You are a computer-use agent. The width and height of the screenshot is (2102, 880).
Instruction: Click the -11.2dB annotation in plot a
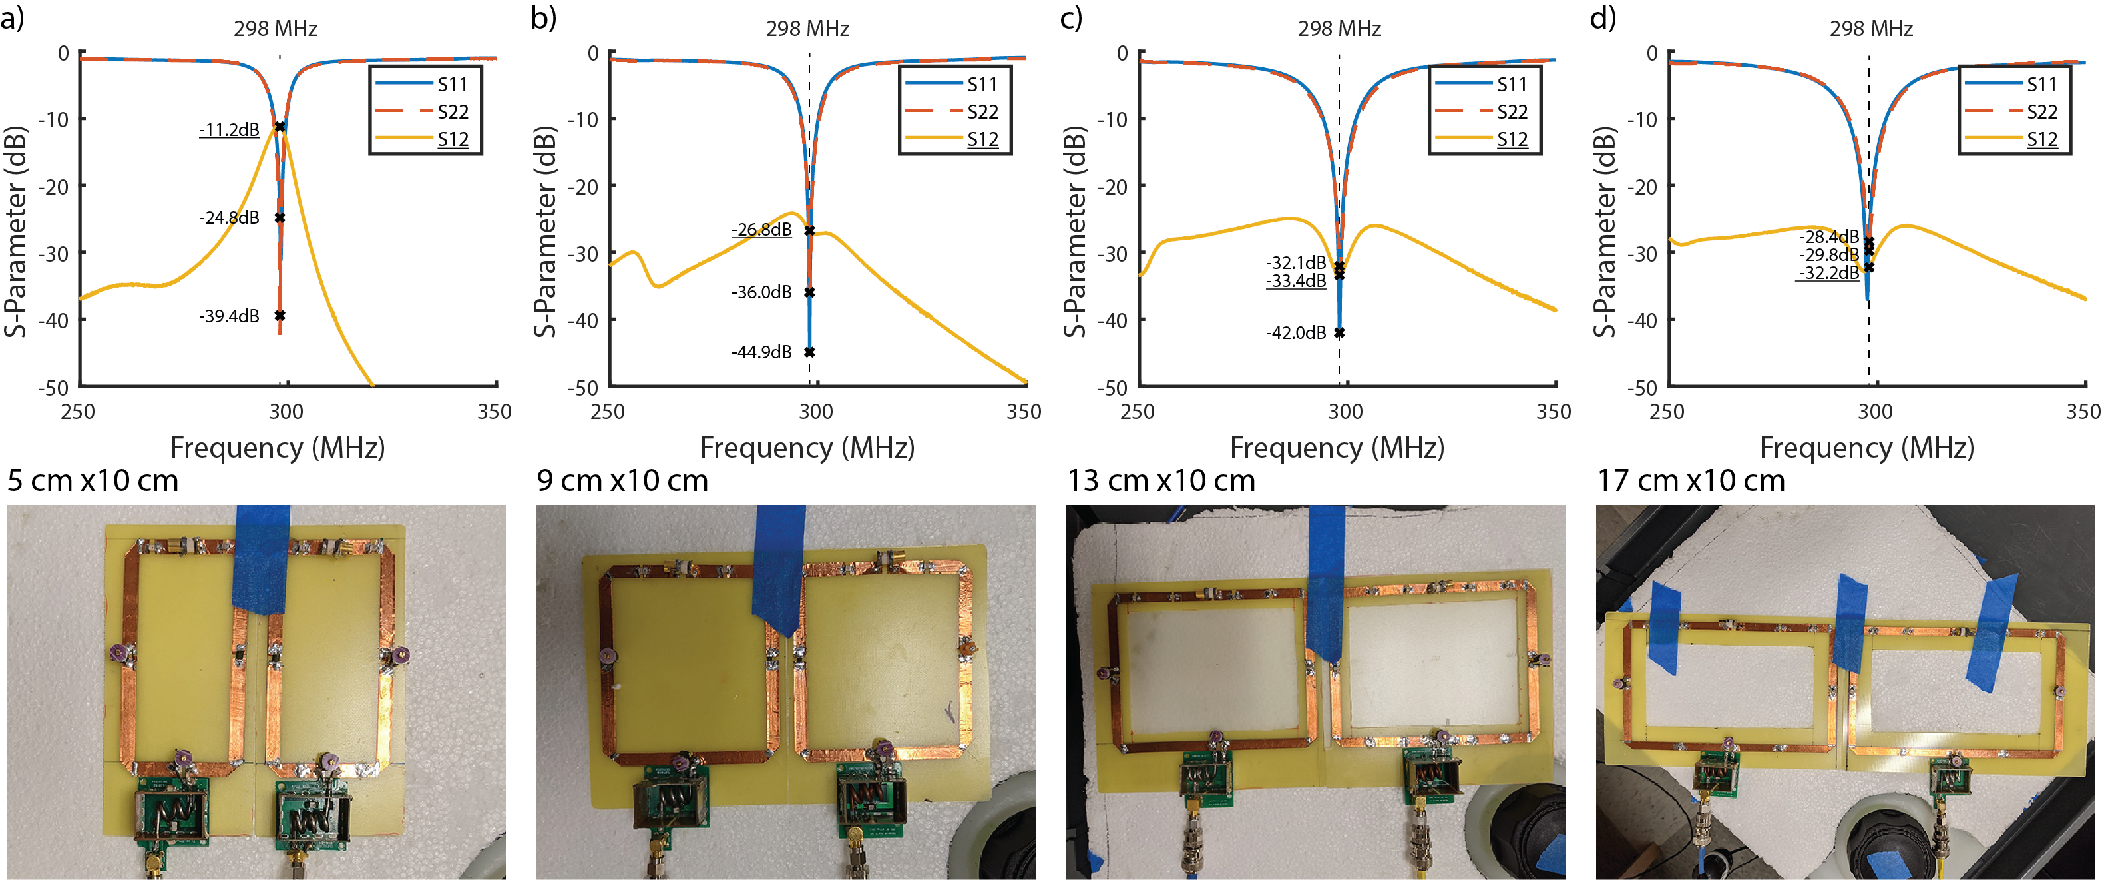[229, 130]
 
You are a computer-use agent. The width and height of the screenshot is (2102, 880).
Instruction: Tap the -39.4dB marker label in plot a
[229, 316]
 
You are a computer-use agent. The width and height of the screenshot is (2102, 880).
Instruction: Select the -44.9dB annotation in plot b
[761, 352]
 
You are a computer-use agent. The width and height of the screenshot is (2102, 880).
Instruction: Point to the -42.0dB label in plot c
[1296, 333]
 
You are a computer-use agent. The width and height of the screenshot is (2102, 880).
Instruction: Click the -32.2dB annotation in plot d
[1828, 274]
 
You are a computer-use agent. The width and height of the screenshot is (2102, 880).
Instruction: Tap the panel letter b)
[543, 17]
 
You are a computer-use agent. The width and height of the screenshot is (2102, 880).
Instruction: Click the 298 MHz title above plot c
[1339, 29]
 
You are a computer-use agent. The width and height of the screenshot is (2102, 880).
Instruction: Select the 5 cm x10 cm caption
[93, 481]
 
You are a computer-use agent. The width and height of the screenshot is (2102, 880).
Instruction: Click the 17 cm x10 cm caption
[1691, 481]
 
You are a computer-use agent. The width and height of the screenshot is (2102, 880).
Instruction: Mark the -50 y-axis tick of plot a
[53, 387]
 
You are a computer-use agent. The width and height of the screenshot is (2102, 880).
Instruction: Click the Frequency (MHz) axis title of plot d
[1867, 448]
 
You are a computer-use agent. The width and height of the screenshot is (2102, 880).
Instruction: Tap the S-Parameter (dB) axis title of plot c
[1076, 232]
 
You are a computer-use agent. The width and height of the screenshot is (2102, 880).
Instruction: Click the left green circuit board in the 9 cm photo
[671, 804]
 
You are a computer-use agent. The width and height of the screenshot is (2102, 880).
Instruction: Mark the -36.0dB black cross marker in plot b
[809, 292]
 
